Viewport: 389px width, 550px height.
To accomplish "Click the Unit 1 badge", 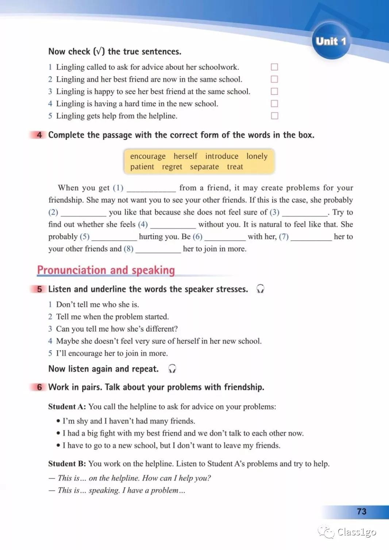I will click(x=331, y=41).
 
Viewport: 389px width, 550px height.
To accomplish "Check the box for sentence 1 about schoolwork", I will click(x=274, y=67).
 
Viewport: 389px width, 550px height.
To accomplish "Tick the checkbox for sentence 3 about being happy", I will click(x=274, y=91).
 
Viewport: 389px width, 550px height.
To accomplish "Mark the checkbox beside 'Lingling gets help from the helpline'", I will click(x=274, y=116).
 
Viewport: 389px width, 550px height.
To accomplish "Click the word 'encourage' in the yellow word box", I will click(x=148, y=156).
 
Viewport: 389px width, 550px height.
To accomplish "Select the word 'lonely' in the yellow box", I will click(x=257, y=156).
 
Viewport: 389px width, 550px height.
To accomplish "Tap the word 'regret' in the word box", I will click(x=172, y=167).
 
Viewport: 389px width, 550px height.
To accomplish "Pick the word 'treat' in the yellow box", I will click(x=235, y=167).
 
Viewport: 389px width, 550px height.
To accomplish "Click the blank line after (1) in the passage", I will click(x=151, y=189).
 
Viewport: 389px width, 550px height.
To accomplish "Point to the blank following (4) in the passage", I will click(x=173, y=225).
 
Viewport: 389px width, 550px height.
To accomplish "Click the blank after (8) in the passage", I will click(x=158, y=250).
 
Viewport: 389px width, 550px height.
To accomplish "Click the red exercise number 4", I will click(x=39, y=135).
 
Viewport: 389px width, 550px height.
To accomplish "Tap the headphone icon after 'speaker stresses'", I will click(x=260, y=289).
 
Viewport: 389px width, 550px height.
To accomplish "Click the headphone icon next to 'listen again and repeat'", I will click(x=172, y=369).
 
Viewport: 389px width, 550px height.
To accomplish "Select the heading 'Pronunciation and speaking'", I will click(x=106, y=270).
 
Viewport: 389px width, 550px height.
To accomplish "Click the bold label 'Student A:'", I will click(x=67, y=407).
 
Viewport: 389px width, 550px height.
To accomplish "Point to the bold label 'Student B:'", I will click(x=67, y=464).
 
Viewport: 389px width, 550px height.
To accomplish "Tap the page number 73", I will click(x=361, y=511).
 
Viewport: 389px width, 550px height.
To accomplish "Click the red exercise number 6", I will click(x=39, y=387).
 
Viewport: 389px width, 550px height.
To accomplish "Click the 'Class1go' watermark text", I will click(x=356, y=532).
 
